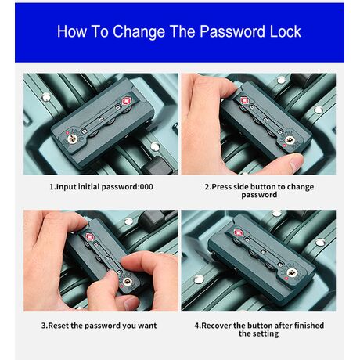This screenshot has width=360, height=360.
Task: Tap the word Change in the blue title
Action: [139, 31]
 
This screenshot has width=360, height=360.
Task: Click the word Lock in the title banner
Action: [286, 31]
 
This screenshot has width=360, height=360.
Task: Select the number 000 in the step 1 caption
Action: [146, 187]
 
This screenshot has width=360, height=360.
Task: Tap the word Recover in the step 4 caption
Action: [217, 326]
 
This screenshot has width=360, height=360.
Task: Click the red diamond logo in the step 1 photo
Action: [127, 101]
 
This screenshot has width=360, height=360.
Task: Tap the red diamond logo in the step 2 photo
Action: [244, 99]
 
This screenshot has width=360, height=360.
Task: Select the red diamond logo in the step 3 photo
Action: [90, 237]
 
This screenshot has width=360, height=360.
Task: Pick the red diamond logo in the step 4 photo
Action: [237, 232]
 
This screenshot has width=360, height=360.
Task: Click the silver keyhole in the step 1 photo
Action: [72, 139]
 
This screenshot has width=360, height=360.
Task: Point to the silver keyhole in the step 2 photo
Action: [290, 140]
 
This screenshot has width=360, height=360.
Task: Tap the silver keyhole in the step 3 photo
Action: [128, 281]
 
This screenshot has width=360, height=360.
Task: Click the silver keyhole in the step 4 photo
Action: [292, 273]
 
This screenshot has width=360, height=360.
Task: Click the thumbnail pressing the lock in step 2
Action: [297, 162]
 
